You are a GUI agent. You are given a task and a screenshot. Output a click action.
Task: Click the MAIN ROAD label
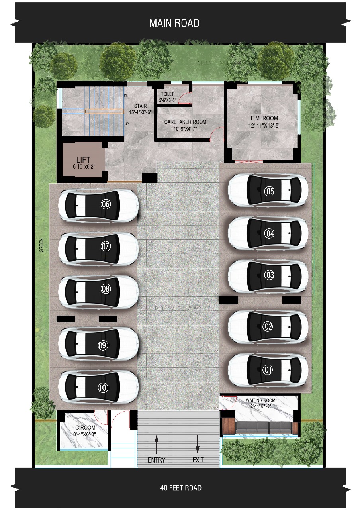[x=174, y=23]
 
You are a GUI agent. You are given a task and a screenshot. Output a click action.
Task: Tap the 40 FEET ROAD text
[x=181, y=488]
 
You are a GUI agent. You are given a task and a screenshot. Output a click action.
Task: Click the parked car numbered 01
[x=268, y=370]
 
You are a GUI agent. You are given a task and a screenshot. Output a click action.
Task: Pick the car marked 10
[x=98, y=387]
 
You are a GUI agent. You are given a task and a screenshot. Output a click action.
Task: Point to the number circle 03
[x=270, y=275]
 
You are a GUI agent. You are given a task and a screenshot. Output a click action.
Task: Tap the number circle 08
[x=106, y=289]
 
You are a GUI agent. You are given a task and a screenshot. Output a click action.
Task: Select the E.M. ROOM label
[x=264, y=118]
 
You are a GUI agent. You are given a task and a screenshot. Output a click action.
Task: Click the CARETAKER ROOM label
[x=186, y=122]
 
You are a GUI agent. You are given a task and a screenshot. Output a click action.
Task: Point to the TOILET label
[x=167, y=94]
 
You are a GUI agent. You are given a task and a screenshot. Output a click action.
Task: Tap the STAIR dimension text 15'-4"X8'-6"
[x=140, y=112]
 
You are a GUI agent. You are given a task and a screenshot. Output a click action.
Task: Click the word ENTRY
[x=157, y=460]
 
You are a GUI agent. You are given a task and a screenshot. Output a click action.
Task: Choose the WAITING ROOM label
[x=260, y=400]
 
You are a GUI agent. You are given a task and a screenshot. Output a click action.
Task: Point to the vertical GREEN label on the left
[x=41, y=245]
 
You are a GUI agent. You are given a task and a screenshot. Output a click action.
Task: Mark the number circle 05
[x=270, y=192]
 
